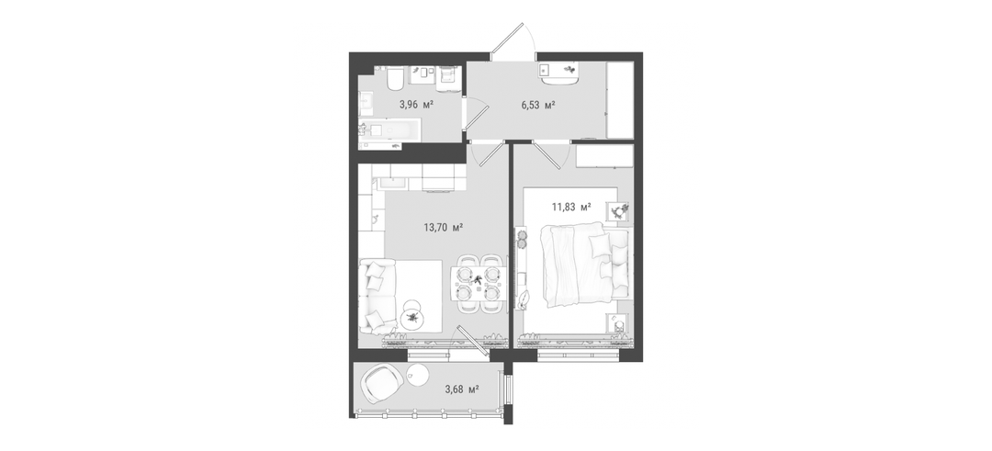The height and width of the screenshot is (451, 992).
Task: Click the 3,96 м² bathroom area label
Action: [x=416, y=105]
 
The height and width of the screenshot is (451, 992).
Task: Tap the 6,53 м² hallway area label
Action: [x=537, y=105]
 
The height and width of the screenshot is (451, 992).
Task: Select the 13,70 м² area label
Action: [x=443, y=228]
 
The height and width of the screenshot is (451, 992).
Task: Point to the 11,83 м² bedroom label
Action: [x=571, y=206]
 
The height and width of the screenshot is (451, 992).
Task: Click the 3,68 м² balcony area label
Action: [x=461, y=389]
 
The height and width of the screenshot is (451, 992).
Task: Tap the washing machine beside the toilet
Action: [x=446, y=77]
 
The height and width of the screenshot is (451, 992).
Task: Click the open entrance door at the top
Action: [x=508, y=38]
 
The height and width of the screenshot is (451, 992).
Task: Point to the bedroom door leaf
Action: [x=547, y=155]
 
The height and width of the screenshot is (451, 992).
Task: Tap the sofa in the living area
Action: [x=377, y=296]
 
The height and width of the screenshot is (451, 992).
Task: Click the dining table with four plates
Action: [x=478, y=283]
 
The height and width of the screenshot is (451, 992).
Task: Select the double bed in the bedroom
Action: [x=585, y=265]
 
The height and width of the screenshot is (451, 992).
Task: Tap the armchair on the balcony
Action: [x=383, y=384]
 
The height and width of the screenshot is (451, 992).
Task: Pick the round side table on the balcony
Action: [x=418, y=374]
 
